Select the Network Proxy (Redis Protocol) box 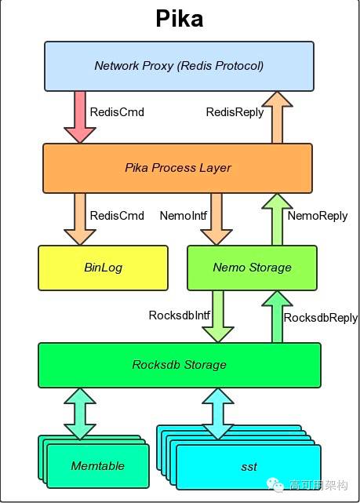pos(178,66)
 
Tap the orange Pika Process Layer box pos(178,168)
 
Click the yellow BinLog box pos(103,268)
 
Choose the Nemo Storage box pos(252,268)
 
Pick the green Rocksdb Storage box pos(179,365)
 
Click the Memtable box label pos(98,465)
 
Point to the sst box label pos(249,467)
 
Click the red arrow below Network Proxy pos(80,115)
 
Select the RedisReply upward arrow pos(276,116)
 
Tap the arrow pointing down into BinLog pos(80,217)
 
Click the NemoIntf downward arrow pos(216,217)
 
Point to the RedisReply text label pos(235,112)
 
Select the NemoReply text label pos(315,215)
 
